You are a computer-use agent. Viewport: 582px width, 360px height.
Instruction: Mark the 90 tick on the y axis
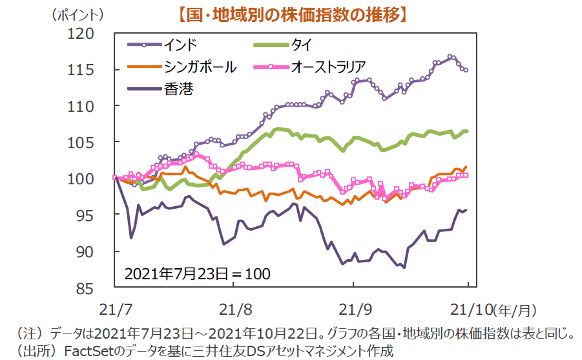pyautogui.click(x=85, y=251)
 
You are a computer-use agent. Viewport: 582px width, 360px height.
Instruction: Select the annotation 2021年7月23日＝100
pyautogui.click(x=197, y=273)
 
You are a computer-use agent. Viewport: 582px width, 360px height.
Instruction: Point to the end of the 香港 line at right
pyautogui.click(x=466, y=210)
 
